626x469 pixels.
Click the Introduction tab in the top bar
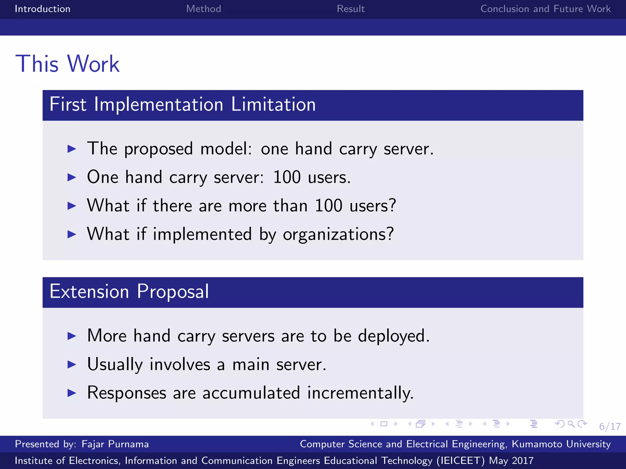[42, 9]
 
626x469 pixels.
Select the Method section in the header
[204, 9]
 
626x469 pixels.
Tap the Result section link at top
[351, 9]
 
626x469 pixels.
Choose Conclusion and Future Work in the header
[545, 9]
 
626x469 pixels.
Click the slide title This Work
[68, 64]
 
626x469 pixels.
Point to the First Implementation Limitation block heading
[182, 104]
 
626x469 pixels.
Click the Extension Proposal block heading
[129, 291]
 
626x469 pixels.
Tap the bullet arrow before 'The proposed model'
[72, 149]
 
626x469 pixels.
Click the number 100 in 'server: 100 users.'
[287, 177]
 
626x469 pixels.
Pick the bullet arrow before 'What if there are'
[72, 206]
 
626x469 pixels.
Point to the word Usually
[115, 364]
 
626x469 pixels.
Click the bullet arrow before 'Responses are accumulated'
[72, 393]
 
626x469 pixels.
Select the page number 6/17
[609, 427]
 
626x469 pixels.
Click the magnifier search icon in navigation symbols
[571, 424]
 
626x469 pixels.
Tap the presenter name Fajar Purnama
[115, 444]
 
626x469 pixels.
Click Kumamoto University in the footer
[561, 444]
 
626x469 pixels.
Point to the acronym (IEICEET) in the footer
[460, 461]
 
